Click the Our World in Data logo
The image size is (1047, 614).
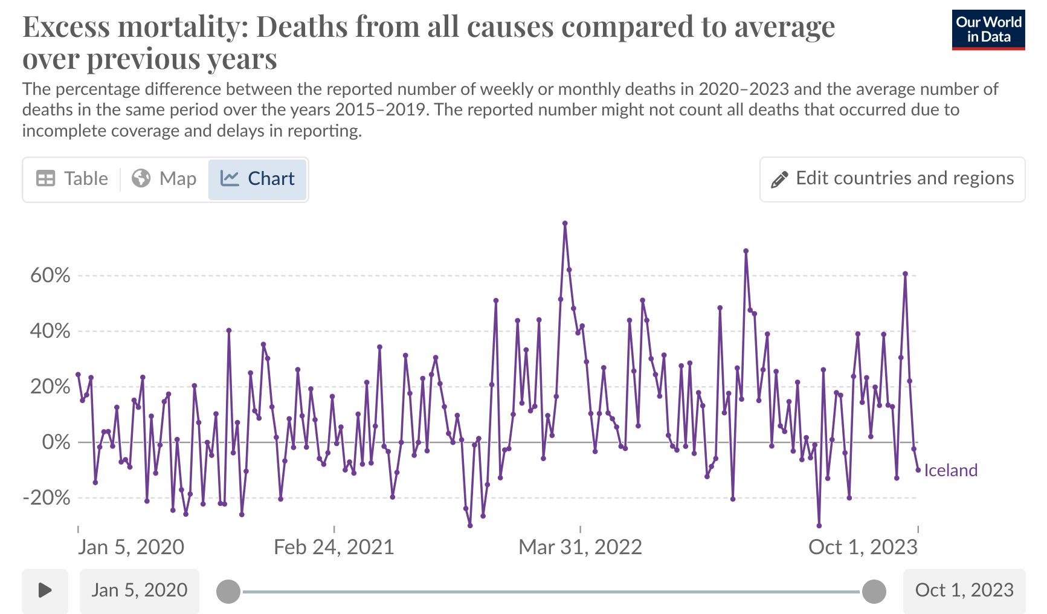(988, 30)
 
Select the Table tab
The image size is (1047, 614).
(72, 179)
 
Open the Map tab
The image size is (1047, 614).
(164, 179)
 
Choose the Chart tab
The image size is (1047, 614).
(257, 179)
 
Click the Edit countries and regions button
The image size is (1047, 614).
(892, 179)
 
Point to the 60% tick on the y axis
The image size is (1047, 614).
(50, 276)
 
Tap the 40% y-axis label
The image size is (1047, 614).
(50, 331)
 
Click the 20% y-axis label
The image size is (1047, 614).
(50, 387)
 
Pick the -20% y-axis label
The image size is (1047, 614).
(47, 498)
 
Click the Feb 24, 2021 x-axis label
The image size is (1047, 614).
(333, 547)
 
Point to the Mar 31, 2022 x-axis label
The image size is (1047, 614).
(580, 547)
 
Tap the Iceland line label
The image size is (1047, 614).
(950, 470)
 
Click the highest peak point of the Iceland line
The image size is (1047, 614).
(565, 224)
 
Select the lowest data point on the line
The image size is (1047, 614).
(819, 526)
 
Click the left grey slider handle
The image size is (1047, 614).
(228, 591)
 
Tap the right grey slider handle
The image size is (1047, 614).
(874, 591)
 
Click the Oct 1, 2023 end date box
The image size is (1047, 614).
(964, 590)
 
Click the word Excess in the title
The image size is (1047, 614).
(66, 27)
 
